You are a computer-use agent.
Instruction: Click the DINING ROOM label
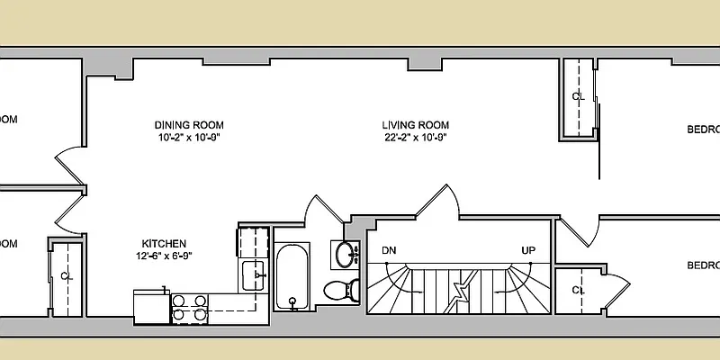[x=188, y=125]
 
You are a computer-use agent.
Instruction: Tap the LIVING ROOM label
[x=415, y=125]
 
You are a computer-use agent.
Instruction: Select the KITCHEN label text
[x=164, y=244]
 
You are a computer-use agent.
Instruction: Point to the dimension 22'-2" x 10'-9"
[x=415, y=138]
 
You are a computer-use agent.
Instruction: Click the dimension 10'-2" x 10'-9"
[x=188, y=138]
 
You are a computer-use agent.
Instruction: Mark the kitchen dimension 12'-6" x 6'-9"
[x=163, y=256]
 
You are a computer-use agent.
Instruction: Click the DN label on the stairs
[x=389, y=250]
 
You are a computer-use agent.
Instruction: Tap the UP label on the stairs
[x=529, y=250]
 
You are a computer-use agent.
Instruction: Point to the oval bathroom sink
[x=345, y=256]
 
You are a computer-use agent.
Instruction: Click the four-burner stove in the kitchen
[x=190, y=308]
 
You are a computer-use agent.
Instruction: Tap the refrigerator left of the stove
[x=151, y=306]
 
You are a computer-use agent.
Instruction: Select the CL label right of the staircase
[x=579, y=290]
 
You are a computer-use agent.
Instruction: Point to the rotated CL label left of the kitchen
[x=66, y=275]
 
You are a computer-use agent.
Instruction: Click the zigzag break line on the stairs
[x=462, y=291]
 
